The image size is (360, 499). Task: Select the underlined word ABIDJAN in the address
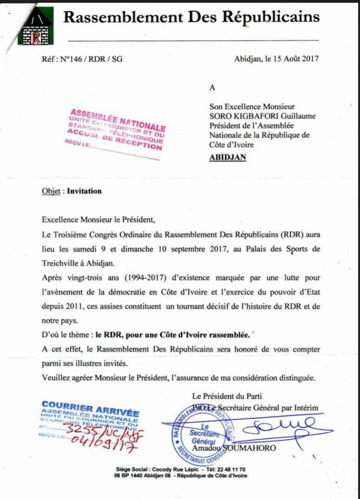click(x=227, y=157)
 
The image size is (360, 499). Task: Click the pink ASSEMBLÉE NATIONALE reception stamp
click(x=117, y=129)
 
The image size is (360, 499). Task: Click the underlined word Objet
click(x=51, y=191)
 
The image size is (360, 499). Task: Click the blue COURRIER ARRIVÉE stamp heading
click(x=91, y=406)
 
